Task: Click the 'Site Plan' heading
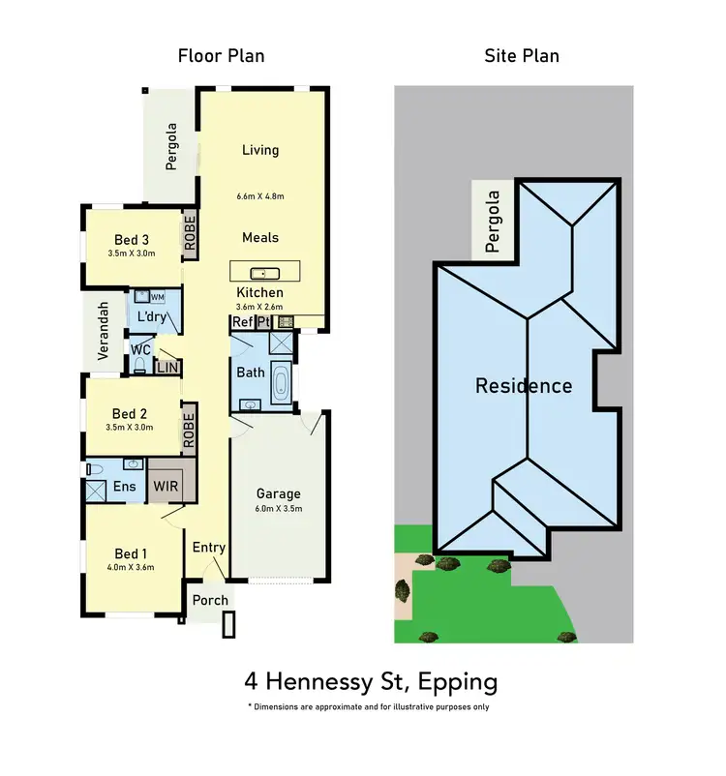[522, 55]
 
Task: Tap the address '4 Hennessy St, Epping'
[370, 681]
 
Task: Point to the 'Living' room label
[259, 150]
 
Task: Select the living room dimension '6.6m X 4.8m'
[260, 196]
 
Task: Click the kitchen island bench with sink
[264, 270]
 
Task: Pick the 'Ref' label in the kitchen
[241, 321]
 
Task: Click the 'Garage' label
[278, 493]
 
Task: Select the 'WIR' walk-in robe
[164, 486]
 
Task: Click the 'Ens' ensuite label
[124, 486]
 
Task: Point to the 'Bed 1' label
[131, 554]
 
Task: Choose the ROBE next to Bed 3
[190, 233]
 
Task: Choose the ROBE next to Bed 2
[190, 432]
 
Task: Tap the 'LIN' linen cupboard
[167, 368]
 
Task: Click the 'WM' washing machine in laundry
[157, 297]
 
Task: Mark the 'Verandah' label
[102, 332]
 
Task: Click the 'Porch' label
[210, 600]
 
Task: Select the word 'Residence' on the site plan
[523, 386]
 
